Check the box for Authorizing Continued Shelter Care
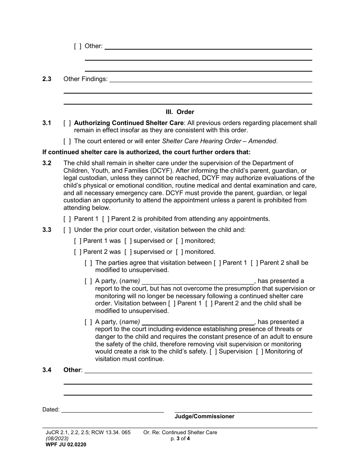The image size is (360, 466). click(67, 123)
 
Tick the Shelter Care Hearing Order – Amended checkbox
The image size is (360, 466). click(67, 141)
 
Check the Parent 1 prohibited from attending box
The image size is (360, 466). click(67, 219)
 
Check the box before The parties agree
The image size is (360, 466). click(88, 263)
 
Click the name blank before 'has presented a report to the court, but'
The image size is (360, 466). click(198, 281)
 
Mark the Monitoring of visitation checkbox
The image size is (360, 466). click(260, 352)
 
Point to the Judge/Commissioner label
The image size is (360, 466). click(204, 416)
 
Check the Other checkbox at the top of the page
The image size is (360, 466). click(78, 46)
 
